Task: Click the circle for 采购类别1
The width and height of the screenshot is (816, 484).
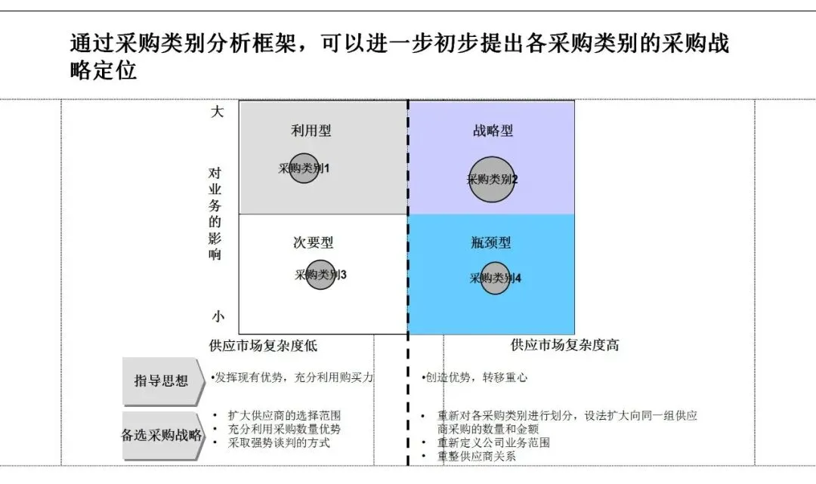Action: point(304,168)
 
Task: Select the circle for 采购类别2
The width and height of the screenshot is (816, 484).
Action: point(492,180)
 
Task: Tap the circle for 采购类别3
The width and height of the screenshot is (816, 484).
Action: point(320,274)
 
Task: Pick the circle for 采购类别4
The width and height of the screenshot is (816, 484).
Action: point(495,278)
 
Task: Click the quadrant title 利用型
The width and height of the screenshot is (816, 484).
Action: point(311,131)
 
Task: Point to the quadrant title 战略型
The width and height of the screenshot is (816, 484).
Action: point(493,131)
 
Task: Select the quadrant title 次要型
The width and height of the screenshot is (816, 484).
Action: point(313,243)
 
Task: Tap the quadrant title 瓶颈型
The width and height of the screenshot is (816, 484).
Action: point(491,243)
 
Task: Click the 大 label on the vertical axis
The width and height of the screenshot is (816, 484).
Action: point(218,112)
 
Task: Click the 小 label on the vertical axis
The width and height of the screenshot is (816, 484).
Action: point(218,317)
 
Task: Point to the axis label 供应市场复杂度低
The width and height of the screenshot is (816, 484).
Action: point(263,346)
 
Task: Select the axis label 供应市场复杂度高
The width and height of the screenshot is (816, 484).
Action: point(565,346)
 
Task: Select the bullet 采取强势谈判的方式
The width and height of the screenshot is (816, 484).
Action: point(279,443)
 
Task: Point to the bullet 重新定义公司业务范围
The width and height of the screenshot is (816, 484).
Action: point(493,442)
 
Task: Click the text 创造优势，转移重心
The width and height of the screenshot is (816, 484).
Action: point(475,378)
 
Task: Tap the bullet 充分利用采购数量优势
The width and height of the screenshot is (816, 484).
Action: point(284,429)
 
